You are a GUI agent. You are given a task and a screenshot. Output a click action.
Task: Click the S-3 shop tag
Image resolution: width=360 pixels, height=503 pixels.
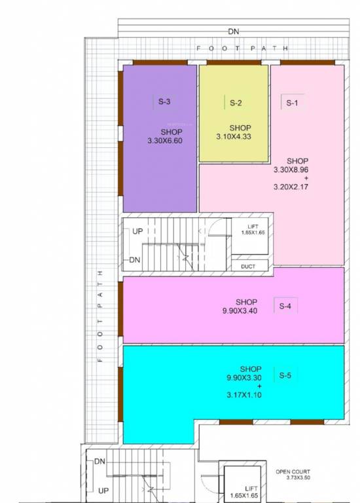(x=164, y=102)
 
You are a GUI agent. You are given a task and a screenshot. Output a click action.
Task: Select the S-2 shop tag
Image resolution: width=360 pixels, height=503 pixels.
(x=236, y=103)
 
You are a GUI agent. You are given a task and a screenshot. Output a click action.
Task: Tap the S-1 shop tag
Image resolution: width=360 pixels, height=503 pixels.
(x=291, y=103)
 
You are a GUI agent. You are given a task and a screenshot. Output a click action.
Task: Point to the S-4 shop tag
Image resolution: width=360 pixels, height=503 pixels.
(x=285, y=306)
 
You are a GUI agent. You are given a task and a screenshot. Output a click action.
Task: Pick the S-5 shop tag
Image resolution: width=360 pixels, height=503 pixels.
(x=285, y=375)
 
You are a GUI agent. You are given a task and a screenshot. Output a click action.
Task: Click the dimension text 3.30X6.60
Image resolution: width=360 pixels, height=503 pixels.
(x=165, y=140)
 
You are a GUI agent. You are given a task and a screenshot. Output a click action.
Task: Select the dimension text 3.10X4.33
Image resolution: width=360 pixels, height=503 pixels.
(x=234, y=136)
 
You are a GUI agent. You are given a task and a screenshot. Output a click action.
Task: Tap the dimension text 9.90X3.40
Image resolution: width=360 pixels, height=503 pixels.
(x=240, y=310)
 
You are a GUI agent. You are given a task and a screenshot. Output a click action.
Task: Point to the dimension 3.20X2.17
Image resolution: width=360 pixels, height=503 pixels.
(x=291, y=187)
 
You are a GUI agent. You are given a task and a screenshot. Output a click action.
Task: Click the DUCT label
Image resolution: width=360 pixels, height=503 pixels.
(x=248, y=266)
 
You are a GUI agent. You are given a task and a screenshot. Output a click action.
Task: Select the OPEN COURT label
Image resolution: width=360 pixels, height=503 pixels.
(x=293, y=472)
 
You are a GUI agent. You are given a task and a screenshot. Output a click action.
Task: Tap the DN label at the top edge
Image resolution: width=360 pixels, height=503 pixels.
(x=234, y=31)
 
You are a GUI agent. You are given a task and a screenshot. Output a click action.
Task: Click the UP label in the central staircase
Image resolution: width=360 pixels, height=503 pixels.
(x=137, y=232)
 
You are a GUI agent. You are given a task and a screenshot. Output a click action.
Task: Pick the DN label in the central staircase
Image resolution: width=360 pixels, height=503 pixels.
(x=135, y=260)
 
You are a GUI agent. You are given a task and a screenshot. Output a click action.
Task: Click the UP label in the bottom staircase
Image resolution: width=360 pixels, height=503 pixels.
(x=103, y=490)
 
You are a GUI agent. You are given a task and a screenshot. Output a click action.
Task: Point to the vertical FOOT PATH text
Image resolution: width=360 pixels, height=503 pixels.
(x=100, y=316)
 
